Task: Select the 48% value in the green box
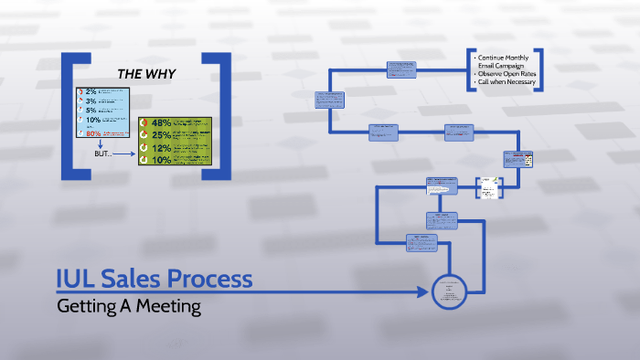[x=162, y=123]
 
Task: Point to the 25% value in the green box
[x=162, y=135]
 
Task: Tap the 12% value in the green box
[x=162, y=148]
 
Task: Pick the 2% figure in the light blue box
[x=91, y=92]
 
